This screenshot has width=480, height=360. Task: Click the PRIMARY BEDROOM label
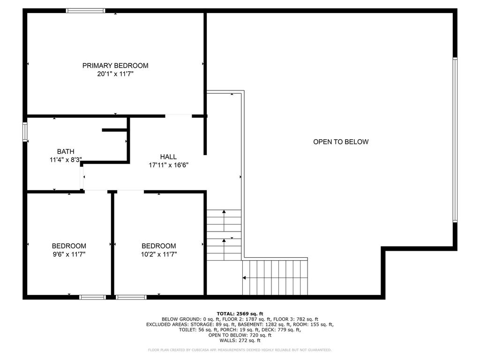(x=115, y=66)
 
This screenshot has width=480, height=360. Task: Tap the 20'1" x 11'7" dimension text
(x=115, y=74)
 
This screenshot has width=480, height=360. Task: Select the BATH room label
(x=66, y=151)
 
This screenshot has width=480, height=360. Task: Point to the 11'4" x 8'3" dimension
(x=66, y=159)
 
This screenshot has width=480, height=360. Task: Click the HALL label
(x=168, y=157)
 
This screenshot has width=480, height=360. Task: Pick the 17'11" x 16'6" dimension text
(x=168, y=165)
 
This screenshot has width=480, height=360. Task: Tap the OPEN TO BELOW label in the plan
(x=341, y=142)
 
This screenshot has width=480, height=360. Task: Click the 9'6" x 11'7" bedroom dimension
(x=68, y=254)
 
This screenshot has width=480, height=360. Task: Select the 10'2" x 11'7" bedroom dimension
(x=159, y=254)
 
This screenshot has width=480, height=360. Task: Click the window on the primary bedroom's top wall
(x=85, y=10)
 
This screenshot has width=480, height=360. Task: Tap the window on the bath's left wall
(x=25, y=131)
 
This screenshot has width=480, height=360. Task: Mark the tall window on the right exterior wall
(x=455, y=140)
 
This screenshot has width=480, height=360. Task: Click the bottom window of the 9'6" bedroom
(x=92, y=297)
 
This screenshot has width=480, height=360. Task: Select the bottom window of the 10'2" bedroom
(x=131, y=297)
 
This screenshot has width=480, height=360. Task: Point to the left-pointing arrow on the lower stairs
(x=245, y=278)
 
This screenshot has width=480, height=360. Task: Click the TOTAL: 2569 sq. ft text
(x=240, y=314)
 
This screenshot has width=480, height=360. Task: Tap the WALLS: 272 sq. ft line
(x=240, y=340)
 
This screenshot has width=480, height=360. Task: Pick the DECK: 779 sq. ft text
(x=284, y=330)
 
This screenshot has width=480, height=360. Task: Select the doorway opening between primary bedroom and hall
(x=179, y=115)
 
